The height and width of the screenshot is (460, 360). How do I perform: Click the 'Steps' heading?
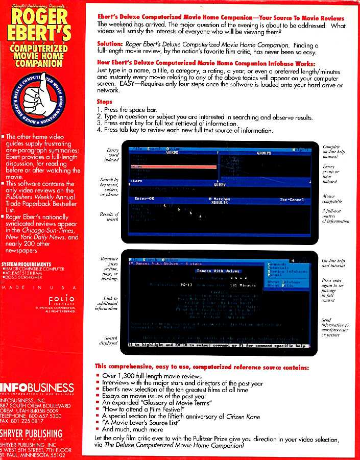point(104,102)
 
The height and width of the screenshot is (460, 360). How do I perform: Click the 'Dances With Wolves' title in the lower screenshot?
point(218,271)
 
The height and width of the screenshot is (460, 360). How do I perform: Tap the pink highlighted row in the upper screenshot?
point(174,167)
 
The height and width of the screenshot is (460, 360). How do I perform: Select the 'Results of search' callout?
point(110,216)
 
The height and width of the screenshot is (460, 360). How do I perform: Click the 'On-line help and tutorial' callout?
point(334,263)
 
